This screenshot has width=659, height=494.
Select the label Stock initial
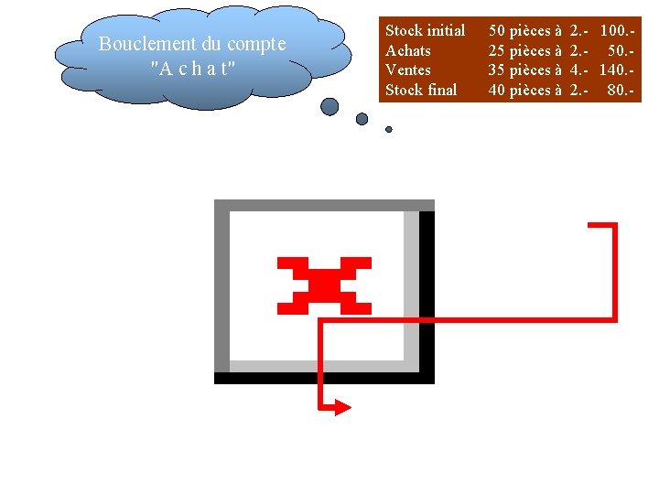tap(425, 30)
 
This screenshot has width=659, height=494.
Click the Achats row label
tap(407, 50)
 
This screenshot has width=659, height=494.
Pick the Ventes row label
tap(408, 70)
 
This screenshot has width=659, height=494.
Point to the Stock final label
tap(421, 90)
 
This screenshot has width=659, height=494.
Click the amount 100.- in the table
tap(620, 30)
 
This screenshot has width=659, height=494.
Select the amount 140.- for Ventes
tap(620, 70)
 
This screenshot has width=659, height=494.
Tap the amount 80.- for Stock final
tap(623, 90)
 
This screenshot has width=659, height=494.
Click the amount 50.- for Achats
tap(623, 50)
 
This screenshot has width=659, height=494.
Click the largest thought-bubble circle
tap(329, 107)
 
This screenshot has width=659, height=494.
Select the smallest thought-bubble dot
tap(389, 130)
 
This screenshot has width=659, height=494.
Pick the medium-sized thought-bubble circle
tap(362, 119)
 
